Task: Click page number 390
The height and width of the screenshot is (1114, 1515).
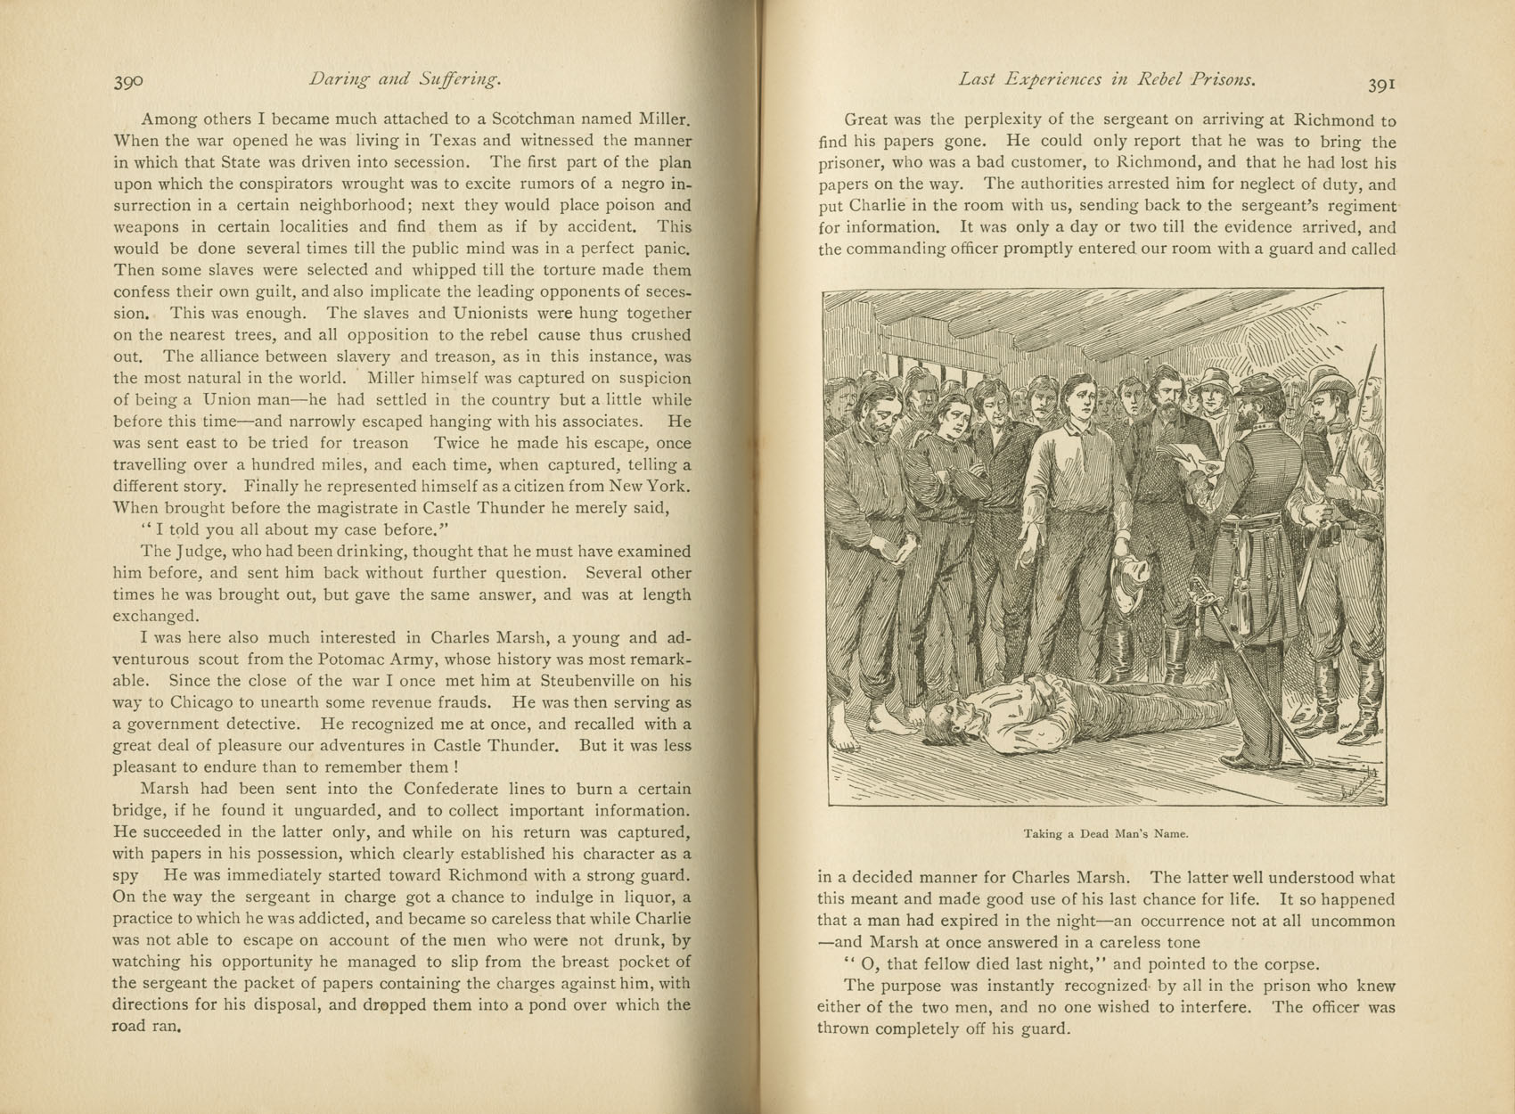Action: [x=128, y=82]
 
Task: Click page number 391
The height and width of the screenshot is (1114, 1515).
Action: [x=1380, y=84]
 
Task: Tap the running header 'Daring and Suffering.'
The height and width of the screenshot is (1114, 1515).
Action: [x=405, y=79]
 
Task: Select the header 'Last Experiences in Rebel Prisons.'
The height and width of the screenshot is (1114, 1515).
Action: [x=1107, y=79]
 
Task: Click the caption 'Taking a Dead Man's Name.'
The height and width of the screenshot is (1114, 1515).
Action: [x=1106, y=834]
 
